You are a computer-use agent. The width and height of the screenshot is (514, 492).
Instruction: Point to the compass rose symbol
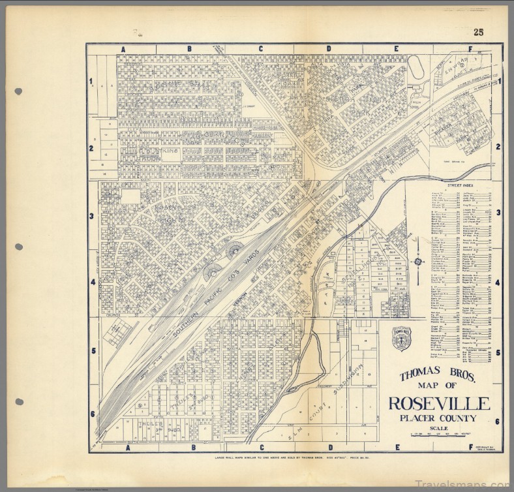pos(417,262)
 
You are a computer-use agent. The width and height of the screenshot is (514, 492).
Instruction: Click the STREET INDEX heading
pos(454,185)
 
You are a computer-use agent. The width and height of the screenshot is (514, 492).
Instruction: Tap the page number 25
pos(479,32)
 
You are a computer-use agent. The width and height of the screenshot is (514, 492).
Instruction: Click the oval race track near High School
pos(416,66)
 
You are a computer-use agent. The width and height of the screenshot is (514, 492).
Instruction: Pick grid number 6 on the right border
pos(497,421)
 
